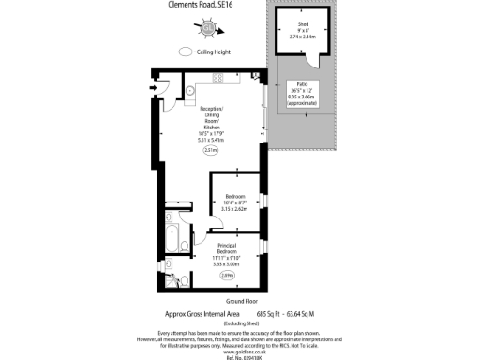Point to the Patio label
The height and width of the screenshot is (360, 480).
(303, 84)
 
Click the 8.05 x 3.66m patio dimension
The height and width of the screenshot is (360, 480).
(303, 97)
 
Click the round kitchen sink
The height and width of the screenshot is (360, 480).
(188, 91)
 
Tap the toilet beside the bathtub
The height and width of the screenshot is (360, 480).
(183, 278)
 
